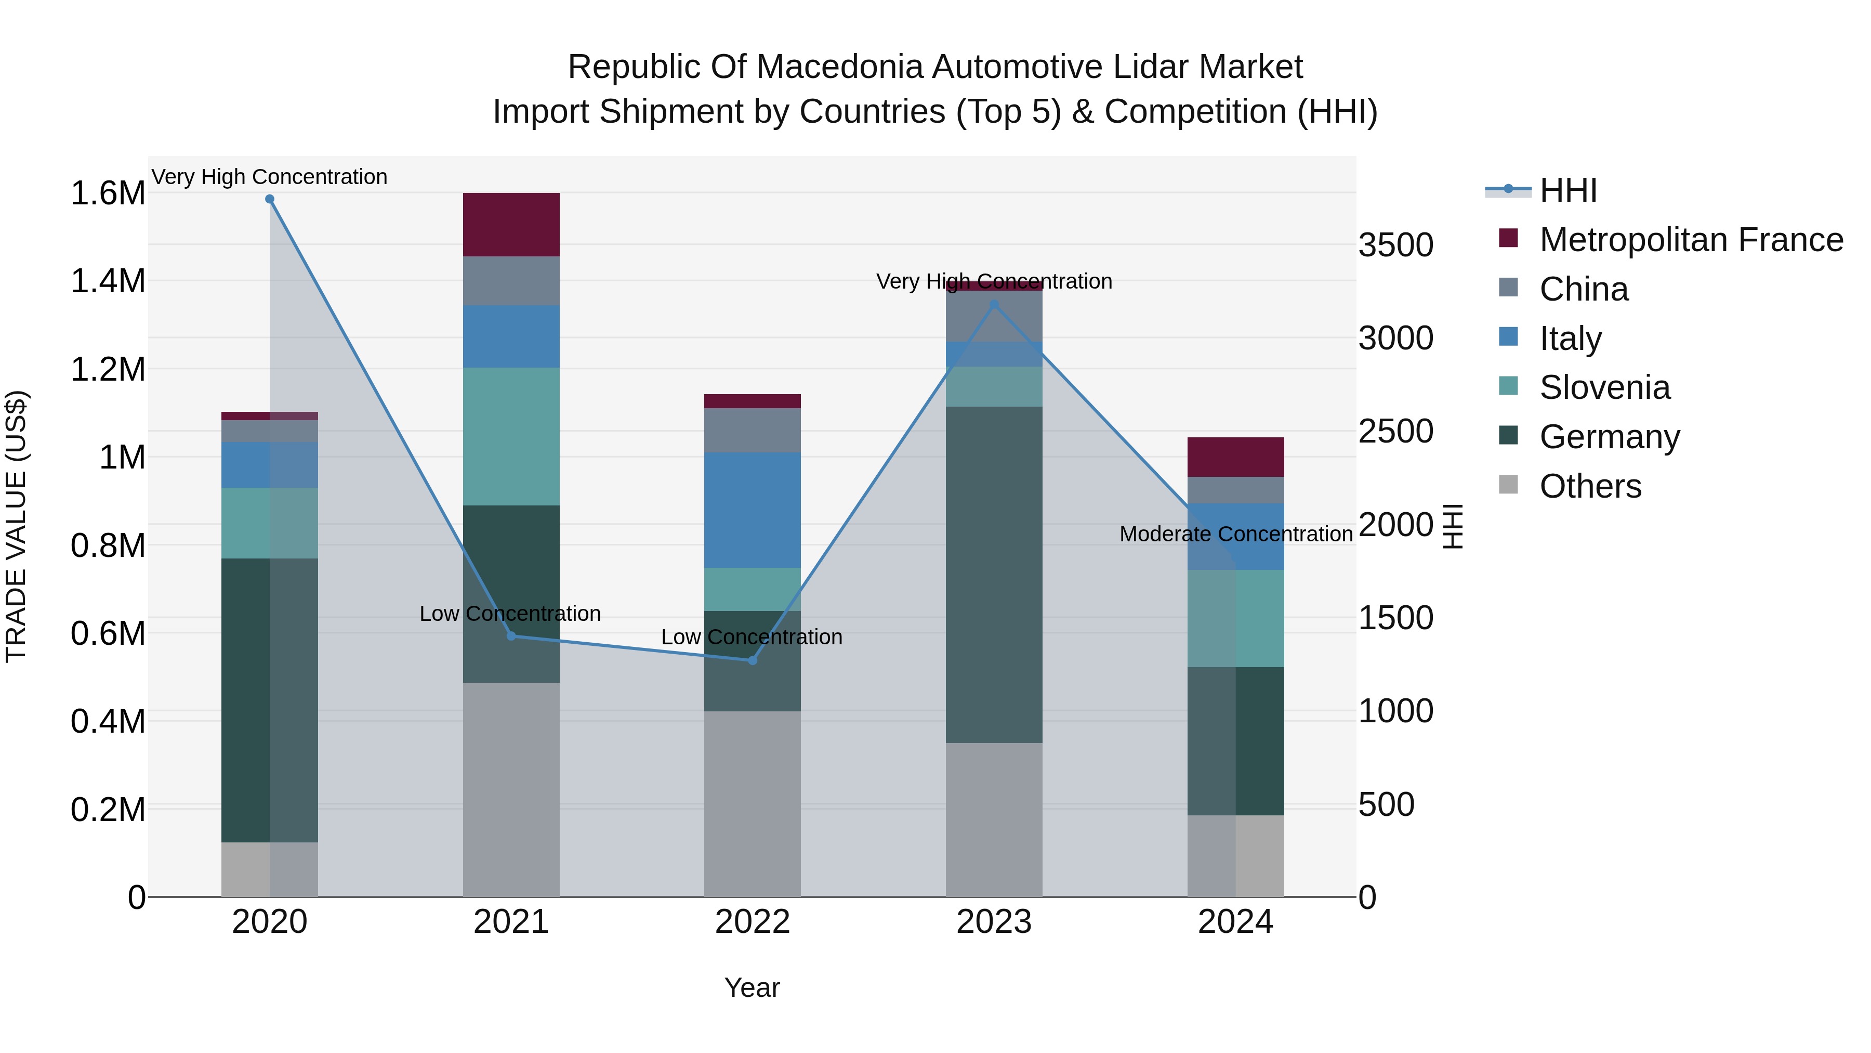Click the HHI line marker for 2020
[269, 199]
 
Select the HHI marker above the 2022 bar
[753, 660]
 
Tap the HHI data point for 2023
[994, 305]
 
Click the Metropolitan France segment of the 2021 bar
[511, 225]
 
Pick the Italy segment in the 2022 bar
[753, 510]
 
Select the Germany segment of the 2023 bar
[994, 574]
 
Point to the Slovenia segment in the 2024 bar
[1235, 618]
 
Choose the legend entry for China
[1584, 289]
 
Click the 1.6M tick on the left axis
[108, 193]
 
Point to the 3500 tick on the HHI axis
[1395, 245]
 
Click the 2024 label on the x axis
[1235, 922]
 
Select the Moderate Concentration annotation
[1235, 534]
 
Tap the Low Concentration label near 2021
[510, 614]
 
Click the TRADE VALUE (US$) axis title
[17, 526]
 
